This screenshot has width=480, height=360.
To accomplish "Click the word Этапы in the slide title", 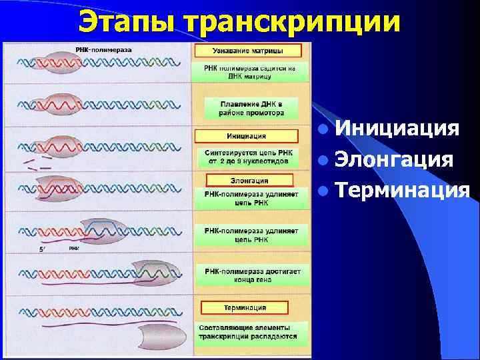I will pos(126,21).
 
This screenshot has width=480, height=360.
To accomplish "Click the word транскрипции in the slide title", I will pos(293,21).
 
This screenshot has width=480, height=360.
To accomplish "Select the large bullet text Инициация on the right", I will pos(397,128).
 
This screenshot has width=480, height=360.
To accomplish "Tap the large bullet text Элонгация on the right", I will pos(395,160).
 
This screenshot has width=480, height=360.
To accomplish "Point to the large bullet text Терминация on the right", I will pos(403,191).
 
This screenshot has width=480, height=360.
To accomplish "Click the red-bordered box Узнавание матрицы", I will pos(247,51).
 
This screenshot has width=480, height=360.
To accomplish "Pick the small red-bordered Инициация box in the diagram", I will pos(241,137).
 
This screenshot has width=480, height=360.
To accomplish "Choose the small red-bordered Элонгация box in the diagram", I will pos(249,180).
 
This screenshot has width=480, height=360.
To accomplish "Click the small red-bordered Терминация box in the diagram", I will pos(244,307).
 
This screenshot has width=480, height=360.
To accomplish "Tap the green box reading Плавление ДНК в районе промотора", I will pos(251,109).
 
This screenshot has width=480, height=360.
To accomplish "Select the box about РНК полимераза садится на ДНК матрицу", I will pos(251,72).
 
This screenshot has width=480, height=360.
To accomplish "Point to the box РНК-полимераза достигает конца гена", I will pos(253,275).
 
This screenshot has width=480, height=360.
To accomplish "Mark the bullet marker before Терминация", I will pos(323,192).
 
